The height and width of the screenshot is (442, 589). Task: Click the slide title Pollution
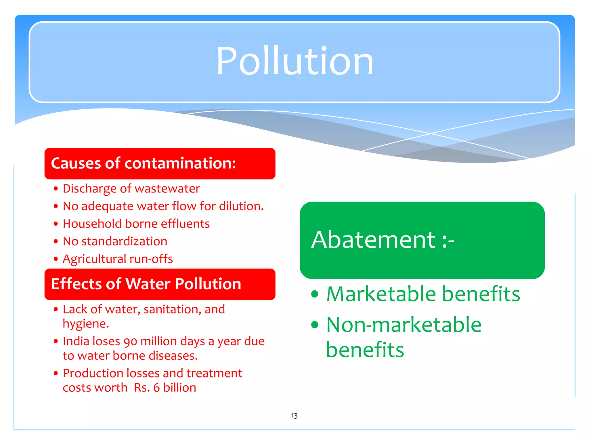pos(294,61)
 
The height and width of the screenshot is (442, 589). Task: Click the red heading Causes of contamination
pos(143,163)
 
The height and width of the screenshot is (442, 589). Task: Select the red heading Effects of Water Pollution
pos(146,284)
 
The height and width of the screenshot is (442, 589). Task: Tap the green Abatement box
pos(422,240)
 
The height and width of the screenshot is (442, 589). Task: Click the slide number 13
pos(294,416)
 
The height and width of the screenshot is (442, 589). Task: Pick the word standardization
pos(124,241)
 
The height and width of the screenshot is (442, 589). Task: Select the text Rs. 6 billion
pos(165,388)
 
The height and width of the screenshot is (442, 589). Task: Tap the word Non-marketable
pos(404,325)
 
